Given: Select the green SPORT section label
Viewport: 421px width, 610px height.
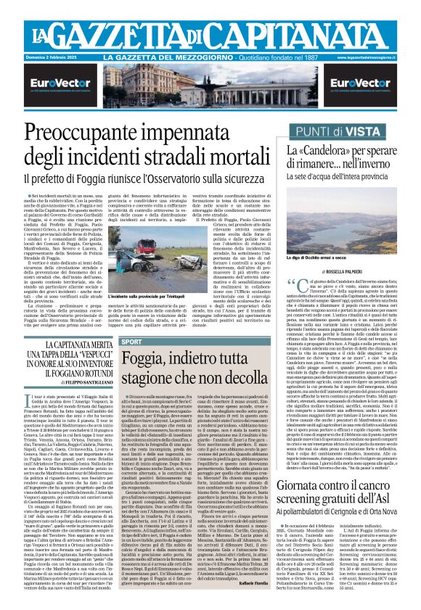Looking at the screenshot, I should pyautogui.click(x=112, y=341).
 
